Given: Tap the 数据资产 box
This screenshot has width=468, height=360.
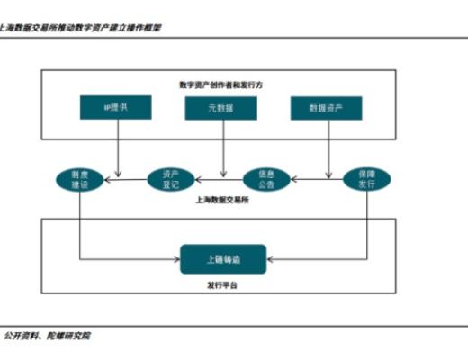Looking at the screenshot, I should [326, 108].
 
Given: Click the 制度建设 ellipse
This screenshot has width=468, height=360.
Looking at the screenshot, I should [80, 178].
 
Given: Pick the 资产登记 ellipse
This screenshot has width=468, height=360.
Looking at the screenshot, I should [171, 178].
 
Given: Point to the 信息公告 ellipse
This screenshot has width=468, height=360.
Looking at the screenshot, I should [267, 178].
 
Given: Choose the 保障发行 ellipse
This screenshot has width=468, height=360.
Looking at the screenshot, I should [366, 178].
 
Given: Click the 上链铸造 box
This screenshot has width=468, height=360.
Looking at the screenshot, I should [223, 259].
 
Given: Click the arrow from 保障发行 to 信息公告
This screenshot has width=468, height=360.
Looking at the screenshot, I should [317, 178].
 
